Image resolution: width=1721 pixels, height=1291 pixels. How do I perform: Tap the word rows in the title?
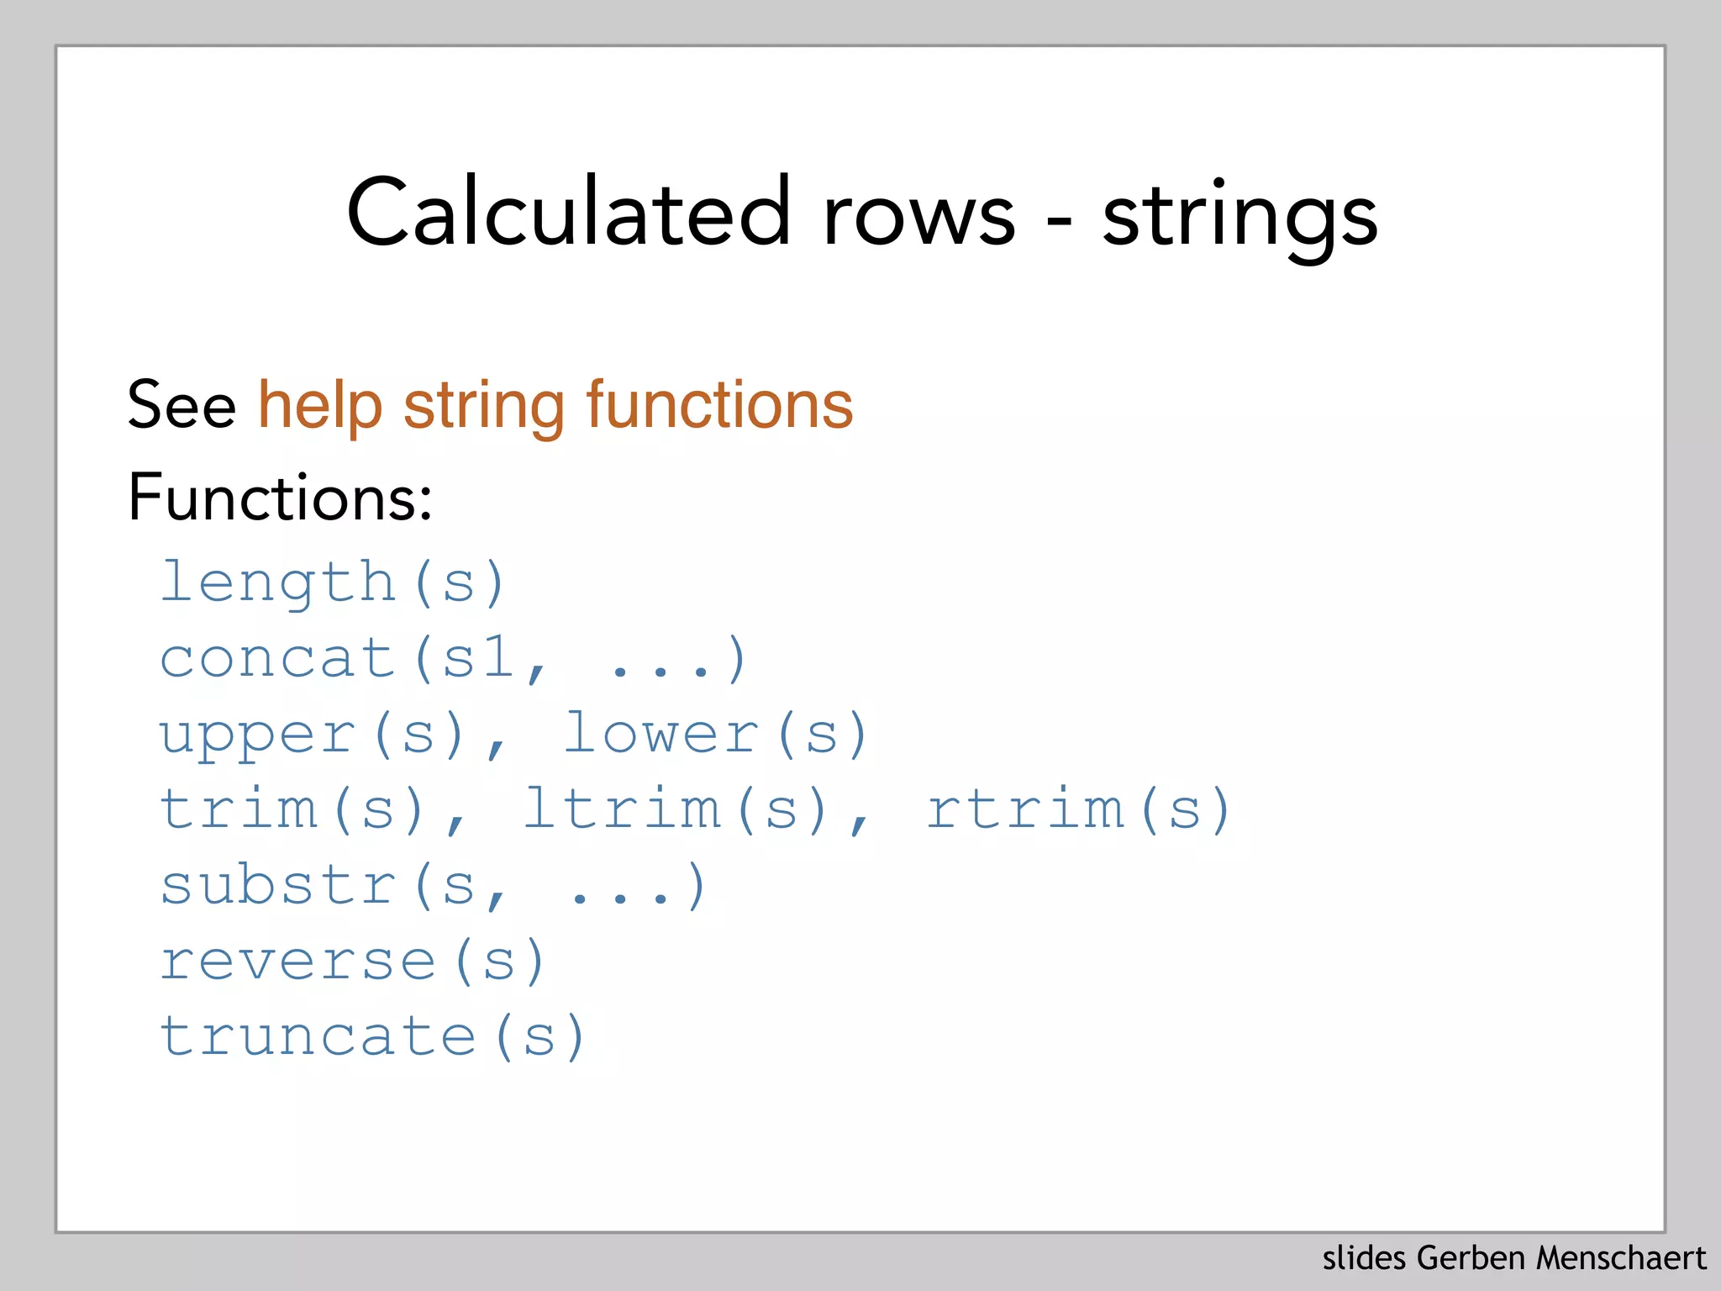pyautogui.click(x=919, y=217)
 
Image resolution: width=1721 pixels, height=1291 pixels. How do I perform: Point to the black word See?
pyautogui.click(x=182, y=405)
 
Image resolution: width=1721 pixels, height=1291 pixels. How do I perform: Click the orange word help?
pyautogui.click(x=320, y=405)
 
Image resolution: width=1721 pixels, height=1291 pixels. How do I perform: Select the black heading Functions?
pyautogui.click(x=280, y=497)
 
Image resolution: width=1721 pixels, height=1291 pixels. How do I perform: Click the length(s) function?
pyautogui.click(x=333, y=582)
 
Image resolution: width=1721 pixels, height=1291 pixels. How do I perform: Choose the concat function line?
pyautogui.click(x=452, y=658)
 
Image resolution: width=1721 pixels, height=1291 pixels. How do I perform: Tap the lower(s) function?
pyautogui.click(x=715, y=734)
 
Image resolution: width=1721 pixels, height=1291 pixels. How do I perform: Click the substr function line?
pyautogui.click(x=432, y=886)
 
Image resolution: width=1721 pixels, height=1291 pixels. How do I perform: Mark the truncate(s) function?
pyautogui.click(x=372, y=1036)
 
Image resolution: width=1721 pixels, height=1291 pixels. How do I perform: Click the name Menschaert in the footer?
pyautogui.click(x=1621, y=1258)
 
